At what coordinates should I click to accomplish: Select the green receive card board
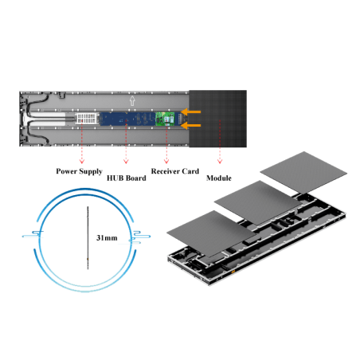pyautogui.click(x=166, y=119)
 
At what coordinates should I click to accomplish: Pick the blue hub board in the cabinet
pyautogui.click(x=127, y=119)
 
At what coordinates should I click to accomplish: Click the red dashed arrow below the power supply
pyautogui.click(x=83, y=150)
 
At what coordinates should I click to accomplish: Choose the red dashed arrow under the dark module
pyautogui.click(x=220, y=150)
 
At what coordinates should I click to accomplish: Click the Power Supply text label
pyautogui.click(x=78, y=171)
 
